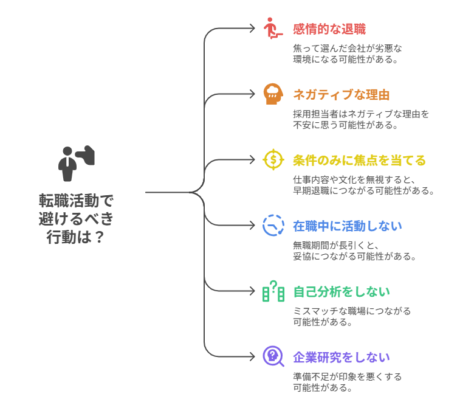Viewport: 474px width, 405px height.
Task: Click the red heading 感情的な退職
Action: [x=329, y=29]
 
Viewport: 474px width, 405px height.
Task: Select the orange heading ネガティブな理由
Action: [x=342, y=94]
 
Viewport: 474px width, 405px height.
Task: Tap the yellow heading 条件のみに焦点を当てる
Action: [x=359, y=161]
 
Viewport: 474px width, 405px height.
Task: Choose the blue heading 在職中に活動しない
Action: [x=347, y=226]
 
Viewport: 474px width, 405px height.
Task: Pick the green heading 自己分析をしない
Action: [x=342, y=292]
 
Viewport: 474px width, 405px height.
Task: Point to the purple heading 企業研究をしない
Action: [x=342, y=358]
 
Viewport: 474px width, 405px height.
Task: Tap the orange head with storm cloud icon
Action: [x=273, y=94]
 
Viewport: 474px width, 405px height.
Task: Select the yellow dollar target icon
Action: [x=273, y=160]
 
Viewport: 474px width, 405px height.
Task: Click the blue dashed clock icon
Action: [x=273, y=226]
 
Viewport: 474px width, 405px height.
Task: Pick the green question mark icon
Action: [x=273, y=291]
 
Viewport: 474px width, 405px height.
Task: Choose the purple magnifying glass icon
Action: [x=273, y=357]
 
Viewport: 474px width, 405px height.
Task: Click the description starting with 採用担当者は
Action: [x=361, y=120]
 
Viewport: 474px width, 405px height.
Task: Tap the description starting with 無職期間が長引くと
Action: [x=354, y=251]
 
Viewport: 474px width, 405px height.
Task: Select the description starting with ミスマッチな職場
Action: [x=352, y=316]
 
